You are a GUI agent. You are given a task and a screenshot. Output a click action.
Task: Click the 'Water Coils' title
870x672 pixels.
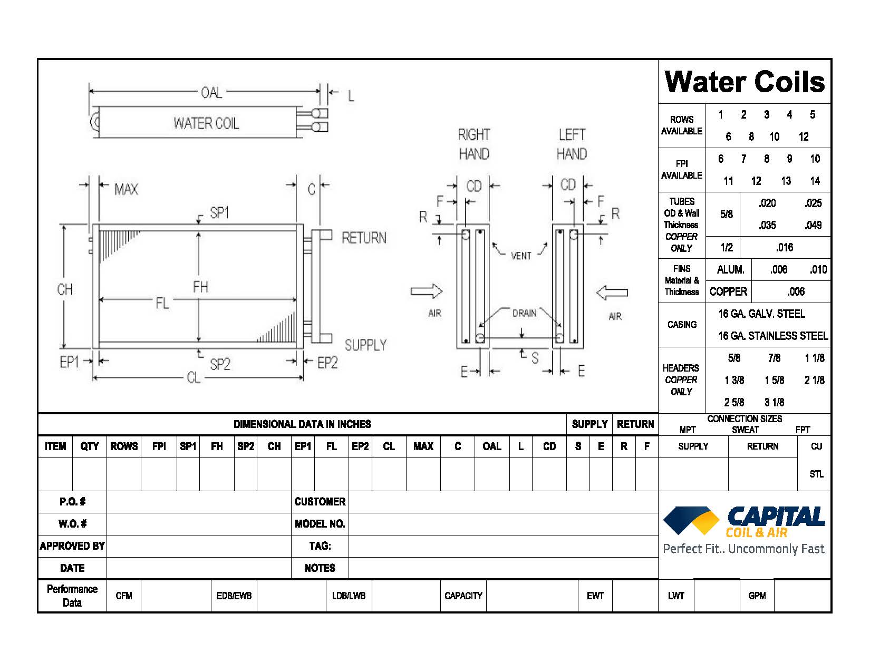(x=745, y=82)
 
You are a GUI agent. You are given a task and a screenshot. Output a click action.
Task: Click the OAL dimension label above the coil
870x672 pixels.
(x=211, y=93)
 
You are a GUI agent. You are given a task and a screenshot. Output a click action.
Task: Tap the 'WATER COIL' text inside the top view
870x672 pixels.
(x=206, y=123)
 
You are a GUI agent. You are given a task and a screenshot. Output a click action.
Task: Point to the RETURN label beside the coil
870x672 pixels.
(x=364, y=238)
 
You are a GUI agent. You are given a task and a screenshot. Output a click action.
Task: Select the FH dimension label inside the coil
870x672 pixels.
(x=200, y=287)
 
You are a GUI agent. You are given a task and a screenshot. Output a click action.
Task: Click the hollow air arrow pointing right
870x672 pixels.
(x=427, y=291)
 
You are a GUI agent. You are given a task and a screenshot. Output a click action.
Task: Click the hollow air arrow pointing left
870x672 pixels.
(x=612, y=293)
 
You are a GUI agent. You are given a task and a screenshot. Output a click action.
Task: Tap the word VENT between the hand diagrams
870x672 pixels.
(x=521, y=256)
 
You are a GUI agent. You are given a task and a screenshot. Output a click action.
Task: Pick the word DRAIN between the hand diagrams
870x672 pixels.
(x=524, y=313)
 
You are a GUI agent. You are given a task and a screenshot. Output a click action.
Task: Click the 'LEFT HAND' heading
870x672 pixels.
(x=572, y=144)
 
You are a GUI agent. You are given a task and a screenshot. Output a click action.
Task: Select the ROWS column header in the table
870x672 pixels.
(x=124, y=446)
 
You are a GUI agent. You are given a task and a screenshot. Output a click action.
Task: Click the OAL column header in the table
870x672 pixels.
(x=492, y=446)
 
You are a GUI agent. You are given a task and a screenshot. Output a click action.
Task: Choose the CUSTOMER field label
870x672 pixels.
(x=320, y=502)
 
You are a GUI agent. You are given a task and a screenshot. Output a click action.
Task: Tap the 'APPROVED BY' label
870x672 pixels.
(x=72, y=546)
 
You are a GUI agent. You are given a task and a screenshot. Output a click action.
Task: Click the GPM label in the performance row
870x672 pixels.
(x=757, y=596)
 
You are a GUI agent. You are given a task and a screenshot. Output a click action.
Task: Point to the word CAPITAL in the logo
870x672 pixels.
(x=776, y=516)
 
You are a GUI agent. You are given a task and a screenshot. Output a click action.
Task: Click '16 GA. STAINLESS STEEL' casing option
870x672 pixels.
(x=772, y=336)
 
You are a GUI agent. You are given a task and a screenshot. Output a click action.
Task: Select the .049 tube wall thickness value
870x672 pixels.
(x=813, y=226)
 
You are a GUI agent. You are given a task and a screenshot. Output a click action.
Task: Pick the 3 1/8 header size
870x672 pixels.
(x=774, y=403)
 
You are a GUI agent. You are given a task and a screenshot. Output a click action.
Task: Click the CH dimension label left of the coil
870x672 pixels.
(x=65, y=289)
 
